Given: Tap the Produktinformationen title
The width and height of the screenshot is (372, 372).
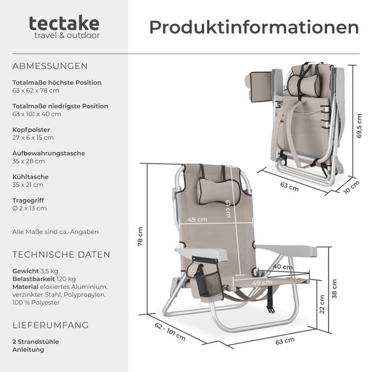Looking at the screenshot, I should click(x=254, y=28).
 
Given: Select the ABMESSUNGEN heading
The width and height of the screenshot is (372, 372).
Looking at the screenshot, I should click(x=50, y=66).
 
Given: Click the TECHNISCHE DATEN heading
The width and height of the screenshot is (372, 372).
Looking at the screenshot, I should click(x=61, y=254).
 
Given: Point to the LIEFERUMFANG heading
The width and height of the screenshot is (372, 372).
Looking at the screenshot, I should click(x=50, y=325).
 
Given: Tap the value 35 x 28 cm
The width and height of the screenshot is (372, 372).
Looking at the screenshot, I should click(x=29, y=161).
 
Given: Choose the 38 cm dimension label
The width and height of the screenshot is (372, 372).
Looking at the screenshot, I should click(x=335, y=290).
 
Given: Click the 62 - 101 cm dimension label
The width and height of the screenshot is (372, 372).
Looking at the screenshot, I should click(x=169, y=332).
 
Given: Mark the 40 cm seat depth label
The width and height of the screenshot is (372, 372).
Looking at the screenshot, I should click(x=283, y=266).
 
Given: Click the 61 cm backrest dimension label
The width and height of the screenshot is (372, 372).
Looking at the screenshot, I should click(x=228, y=209).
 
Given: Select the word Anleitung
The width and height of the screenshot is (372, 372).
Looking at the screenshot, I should click(x=28, y=349).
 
